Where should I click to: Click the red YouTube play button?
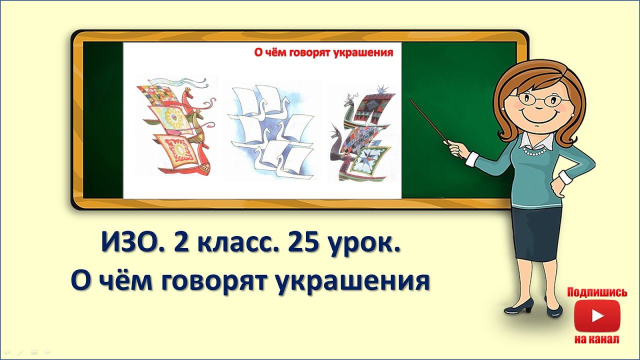coord(597,315)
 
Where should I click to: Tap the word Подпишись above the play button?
coord(597,292)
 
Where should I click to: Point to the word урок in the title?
coord(363,245)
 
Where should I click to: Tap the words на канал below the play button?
coord(597,339)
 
